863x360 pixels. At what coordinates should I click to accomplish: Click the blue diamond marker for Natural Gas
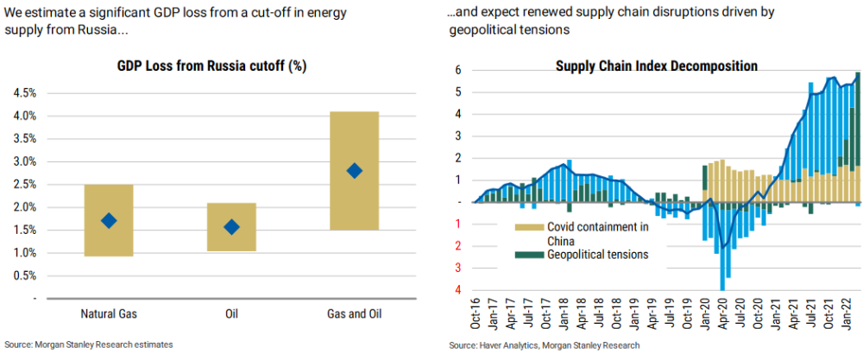pyautogui.click(x=108, y=221)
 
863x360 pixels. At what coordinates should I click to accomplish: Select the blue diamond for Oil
pyautogui.click(x=231, y=227)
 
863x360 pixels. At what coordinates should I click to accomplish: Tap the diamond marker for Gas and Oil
pyautogui.click(x=355, y=171)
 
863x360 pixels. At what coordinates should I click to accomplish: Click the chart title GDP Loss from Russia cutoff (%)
pyautogui.click(x=212, y=66)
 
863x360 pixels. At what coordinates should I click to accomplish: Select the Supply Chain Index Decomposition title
pyautogui.click(x=657, y=66)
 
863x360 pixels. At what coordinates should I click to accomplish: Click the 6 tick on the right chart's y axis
pyautogui.click(x=458, y=70)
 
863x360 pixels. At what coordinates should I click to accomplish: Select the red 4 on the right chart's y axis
pyautogui.click(x=458, y=290)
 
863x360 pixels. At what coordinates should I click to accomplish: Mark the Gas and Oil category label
pyautogui.click(x=355, y=313)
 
